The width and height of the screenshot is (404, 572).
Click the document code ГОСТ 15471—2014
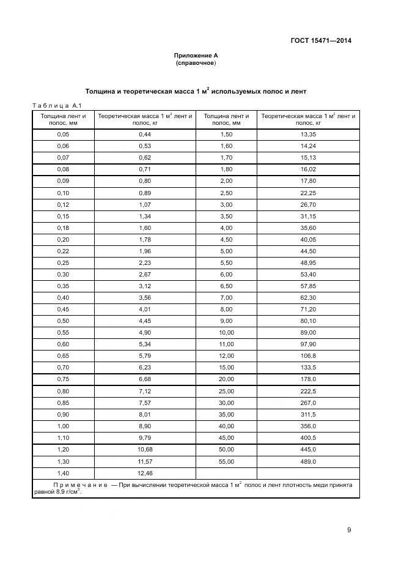(x=321, y=41)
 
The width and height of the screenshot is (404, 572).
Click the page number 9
(x=349, y=530)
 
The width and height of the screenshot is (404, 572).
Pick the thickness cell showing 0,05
(x=63, y=134)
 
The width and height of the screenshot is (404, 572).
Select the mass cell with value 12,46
(x=145, y=473)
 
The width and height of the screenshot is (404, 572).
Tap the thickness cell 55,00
(x=226, y=461)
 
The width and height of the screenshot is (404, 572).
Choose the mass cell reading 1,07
(x=145, y=204)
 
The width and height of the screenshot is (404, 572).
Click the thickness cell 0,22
(x=63, y=251)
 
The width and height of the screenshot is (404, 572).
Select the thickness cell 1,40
(x=63, y=473)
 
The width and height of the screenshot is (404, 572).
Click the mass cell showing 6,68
(x=145, y=379)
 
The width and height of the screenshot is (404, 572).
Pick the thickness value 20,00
(x=226, y=379)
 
